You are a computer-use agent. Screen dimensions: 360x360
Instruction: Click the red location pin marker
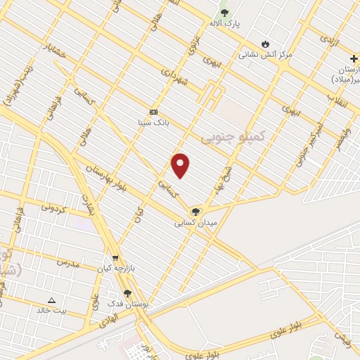[x=181, y=165]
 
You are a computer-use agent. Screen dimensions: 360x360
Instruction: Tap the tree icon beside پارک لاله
[x=224, y=13]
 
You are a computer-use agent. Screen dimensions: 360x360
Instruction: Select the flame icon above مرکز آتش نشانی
[x=265, y=43]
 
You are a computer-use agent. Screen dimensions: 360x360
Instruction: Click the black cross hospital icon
[x=353, y=58]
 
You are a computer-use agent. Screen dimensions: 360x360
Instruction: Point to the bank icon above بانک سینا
[x=153, y=112]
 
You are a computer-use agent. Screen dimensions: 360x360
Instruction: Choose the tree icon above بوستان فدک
[x=127, y=293]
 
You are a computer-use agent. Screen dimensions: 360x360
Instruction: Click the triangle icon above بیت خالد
[x=51, y=300]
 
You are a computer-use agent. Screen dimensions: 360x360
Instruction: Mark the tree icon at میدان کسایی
[x=195, y=211]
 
